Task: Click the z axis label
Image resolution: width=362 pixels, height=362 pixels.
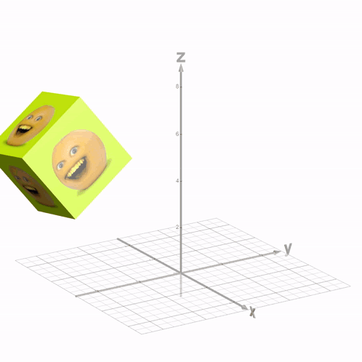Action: tap(181, 57)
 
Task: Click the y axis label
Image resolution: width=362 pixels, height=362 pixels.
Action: tap(288, 249)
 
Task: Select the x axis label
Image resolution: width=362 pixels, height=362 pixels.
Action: tap(252, 313)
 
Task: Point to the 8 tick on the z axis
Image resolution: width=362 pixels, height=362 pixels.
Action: tap(177, 87)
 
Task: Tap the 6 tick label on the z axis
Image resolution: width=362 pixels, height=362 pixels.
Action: tap(177, 134)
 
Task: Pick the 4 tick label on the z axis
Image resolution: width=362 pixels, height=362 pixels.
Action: tap(177, 180)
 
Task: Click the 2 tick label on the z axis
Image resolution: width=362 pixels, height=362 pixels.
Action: tap(177, 227)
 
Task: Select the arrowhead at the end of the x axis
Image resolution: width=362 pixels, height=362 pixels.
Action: tap(244, 308)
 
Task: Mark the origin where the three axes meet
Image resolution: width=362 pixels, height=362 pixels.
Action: tap(181, 273)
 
